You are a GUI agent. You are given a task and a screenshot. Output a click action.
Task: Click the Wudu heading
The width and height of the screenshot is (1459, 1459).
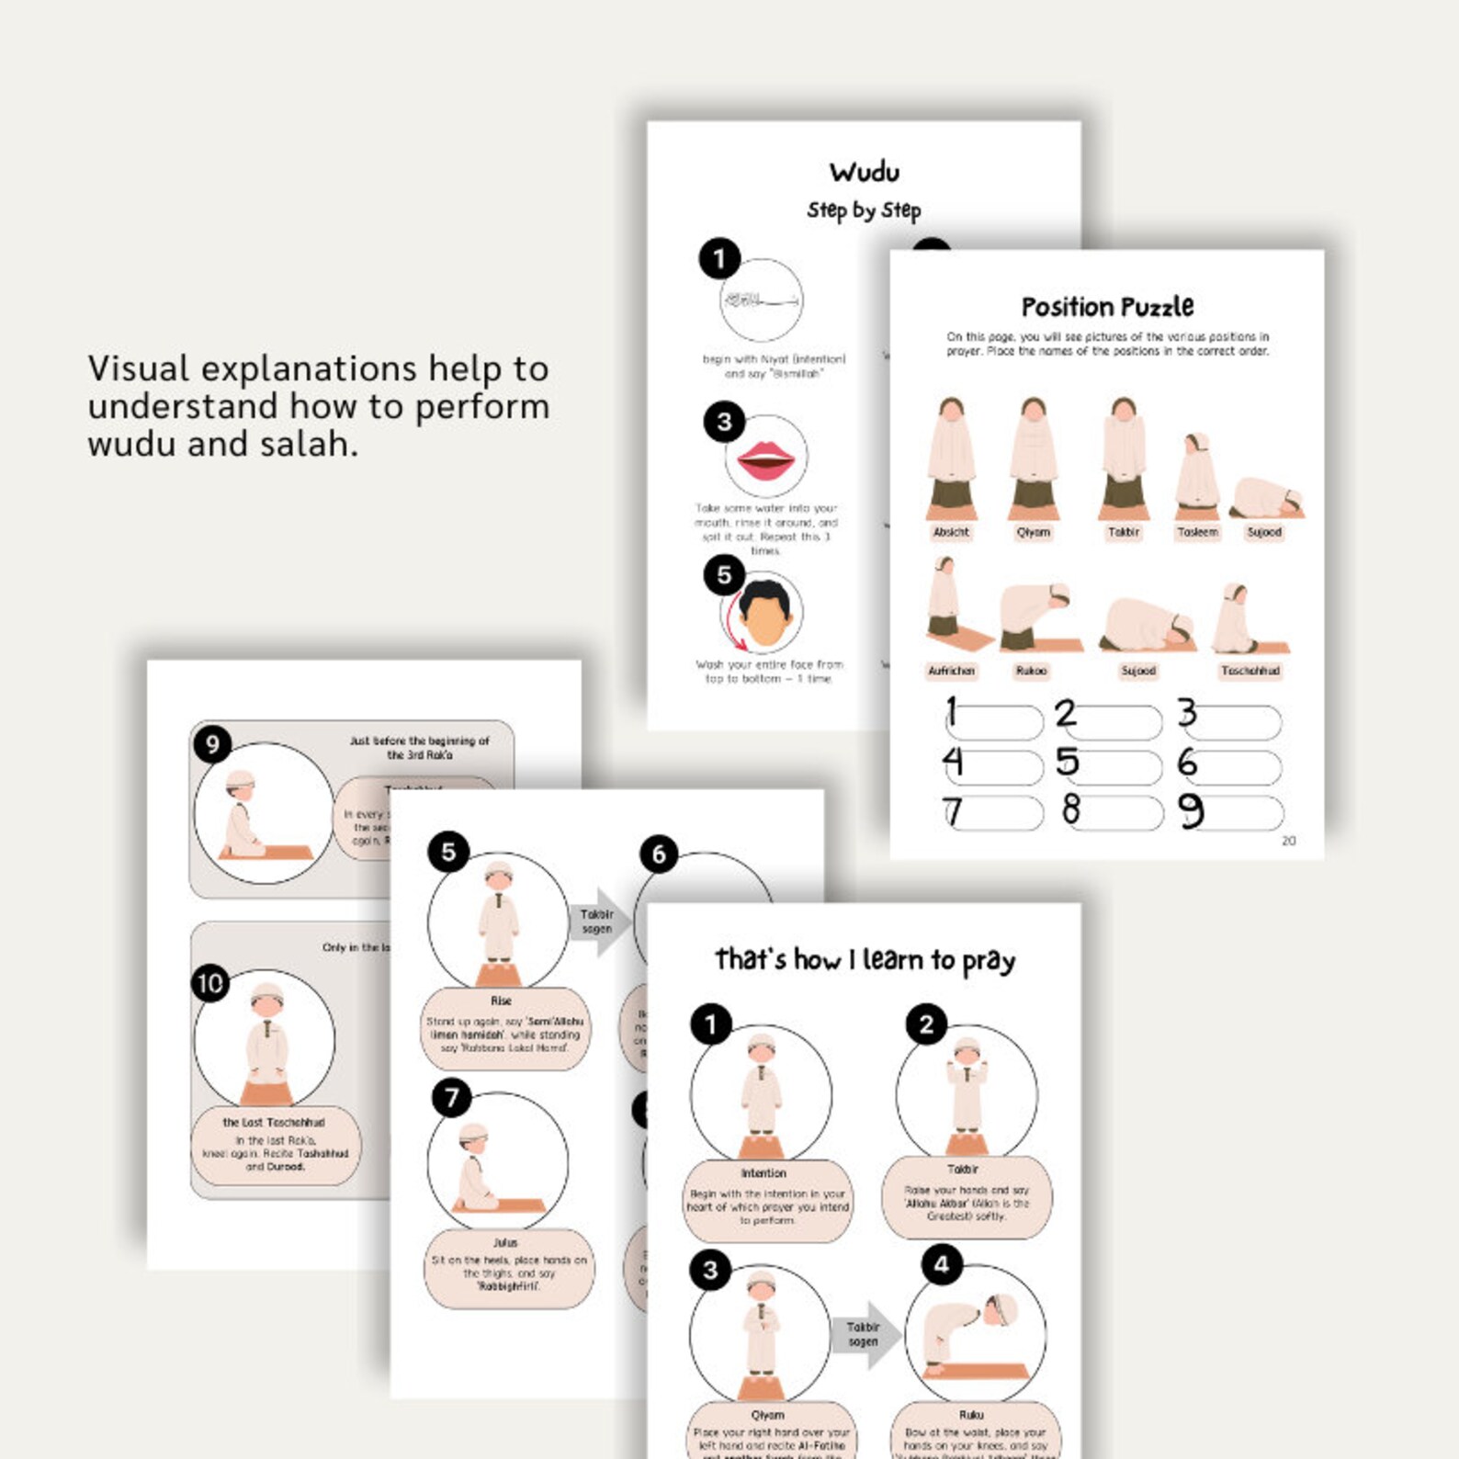(865, 172)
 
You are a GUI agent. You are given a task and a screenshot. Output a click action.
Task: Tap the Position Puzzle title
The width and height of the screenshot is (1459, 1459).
(1107, 306)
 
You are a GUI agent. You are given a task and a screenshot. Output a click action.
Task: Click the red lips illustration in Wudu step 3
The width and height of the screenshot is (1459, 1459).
(766, 458)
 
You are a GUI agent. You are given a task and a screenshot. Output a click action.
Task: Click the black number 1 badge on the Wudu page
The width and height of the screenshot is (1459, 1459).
(719, 259)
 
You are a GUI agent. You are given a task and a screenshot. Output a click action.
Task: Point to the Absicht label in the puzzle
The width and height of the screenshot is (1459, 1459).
(951, 532)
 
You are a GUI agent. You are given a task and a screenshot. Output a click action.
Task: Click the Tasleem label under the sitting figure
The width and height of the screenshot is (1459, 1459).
(1197, 532)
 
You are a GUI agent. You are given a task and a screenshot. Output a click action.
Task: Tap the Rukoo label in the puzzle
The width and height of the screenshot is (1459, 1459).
(1031, 671)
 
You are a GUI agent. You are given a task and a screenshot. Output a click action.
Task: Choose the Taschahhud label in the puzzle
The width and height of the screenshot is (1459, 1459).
(1250, 671)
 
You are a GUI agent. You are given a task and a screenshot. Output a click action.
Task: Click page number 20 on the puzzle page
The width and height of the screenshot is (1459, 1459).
(1288, 841)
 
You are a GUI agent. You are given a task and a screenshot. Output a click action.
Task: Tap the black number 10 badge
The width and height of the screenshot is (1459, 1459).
(210, 984)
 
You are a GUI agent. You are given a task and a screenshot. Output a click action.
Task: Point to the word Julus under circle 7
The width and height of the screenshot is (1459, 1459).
(504, 1242)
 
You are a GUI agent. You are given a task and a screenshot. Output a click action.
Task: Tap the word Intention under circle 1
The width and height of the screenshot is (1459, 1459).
(763, 1173)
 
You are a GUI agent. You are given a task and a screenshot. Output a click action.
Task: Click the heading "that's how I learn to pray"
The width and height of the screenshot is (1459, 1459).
(865, 960)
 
